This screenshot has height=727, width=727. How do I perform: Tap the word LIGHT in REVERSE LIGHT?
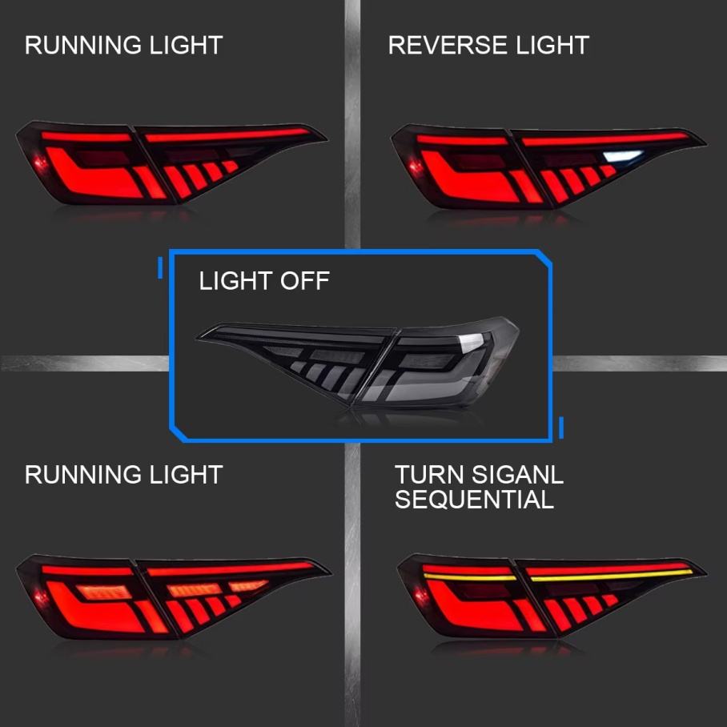551,45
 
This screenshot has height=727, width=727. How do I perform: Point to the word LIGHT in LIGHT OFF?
235,281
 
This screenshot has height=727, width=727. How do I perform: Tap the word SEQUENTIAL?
474,500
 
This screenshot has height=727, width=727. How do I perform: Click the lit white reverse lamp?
624,157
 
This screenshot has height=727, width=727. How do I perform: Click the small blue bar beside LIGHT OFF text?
160,267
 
